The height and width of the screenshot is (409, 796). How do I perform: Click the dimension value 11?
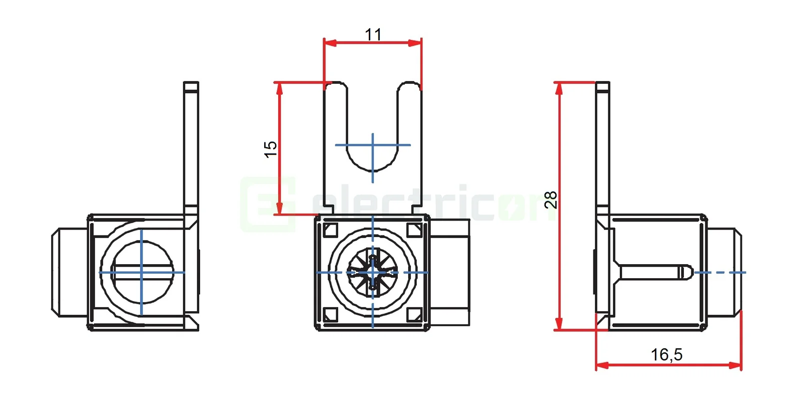(x=373, y=34)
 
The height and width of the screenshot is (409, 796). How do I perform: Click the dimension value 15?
(x=270, y=149)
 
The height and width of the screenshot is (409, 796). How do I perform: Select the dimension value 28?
(x=550, y=199)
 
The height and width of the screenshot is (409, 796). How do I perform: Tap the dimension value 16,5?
(x=666, y=354)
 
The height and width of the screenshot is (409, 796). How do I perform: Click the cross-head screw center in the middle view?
(x=373, y=273)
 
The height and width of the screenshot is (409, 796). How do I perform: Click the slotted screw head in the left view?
(x=142, y=273)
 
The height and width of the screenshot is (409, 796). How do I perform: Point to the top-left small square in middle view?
(x=331, y=230)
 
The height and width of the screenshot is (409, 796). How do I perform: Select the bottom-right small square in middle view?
(x=414, y=315)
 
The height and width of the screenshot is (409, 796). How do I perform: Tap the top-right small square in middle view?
(x=414, y=230)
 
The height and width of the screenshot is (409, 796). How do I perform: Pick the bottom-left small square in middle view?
(x=331, y=315)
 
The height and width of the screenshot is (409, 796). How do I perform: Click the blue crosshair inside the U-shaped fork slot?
(x=373, y=145)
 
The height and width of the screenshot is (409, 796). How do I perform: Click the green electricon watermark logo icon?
(x=268, y=204)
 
